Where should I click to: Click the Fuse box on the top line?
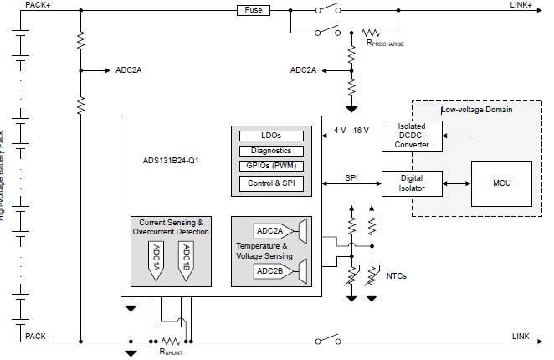253,10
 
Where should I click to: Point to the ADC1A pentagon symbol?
156,261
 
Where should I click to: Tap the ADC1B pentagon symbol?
186,261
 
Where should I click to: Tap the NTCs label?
397,275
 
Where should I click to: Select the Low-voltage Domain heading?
477,110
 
